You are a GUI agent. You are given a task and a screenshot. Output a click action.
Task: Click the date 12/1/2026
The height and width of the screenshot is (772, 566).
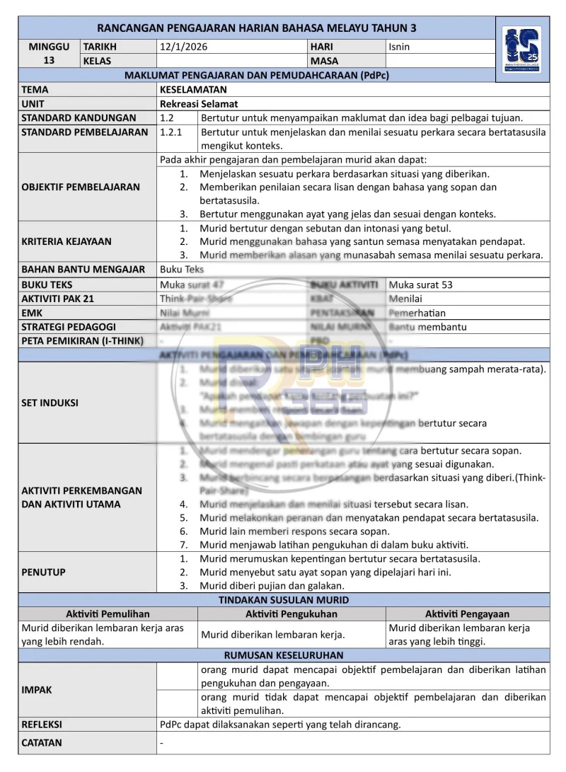point(184,47)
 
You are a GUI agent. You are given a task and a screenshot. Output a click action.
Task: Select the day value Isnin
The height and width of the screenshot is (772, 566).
point(399,47)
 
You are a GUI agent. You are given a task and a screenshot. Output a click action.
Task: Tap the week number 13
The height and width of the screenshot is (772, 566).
point(49,60)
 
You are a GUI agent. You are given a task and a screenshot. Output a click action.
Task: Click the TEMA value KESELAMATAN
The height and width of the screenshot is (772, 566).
point(193,90)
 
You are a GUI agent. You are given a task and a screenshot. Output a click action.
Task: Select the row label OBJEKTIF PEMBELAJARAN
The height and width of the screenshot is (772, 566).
point(81,187)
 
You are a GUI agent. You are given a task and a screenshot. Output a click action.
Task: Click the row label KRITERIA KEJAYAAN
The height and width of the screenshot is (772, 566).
point(67,241)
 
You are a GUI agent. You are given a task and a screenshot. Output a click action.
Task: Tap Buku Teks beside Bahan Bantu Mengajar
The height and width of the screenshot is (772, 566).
point(182,269)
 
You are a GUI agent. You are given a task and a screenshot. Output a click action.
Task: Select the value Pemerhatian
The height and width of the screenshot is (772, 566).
point(417,313)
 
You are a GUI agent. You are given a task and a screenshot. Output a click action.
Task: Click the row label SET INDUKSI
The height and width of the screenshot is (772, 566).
point(50,403)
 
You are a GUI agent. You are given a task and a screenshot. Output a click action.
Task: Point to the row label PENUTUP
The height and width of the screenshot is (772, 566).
point(43,572)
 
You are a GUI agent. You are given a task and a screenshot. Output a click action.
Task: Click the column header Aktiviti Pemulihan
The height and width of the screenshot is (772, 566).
point(108,614)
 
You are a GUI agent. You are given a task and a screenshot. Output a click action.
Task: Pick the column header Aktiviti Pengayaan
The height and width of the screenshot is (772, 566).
point(467,614)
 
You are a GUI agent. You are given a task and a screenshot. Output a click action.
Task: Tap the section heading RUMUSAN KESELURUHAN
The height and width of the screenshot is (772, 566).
point(284,655)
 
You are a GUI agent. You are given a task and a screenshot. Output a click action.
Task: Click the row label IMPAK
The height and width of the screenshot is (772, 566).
point(37,689)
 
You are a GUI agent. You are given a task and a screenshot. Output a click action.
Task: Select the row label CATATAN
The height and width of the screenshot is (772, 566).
point(42,742)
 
